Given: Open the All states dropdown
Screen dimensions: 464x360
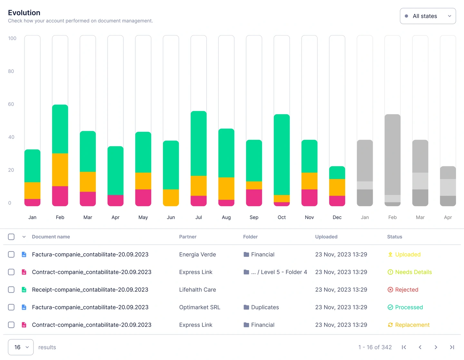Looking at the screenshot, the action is point(428,16).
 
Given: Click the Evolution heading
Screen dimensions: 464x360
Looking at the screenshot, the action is point(24,13).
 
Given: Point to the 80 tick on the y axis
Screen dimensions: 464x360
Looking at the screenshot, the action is point(11,71).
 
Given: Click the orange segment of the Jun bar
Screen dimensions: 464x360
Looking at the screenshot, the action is point(171,198).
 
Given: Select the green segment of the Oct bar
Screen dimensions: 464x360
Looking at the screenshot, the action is point(282,155).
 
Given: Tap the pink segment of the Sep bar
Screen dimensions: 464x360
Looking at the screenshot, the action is point(254,198).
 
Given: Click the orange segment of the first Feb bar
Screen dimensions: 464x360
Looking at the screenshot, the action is point(60,170).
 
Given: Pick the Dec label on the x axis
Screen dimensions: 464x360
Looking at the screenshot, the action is point(337,217).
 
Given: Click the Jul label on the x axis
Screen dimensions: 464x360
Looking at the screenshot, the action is point(198,217).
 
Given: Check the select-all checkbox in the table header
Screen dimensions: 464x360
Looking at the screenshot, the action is point(11,237).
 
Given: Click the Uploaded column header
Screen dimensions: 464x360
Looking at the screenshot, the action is point(326,237).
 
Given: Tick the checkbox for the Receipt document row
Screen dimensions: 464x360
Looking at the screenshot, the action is point(11,290).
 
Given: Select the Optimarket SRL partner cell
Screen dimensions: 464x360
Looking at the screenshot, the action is point(200,307).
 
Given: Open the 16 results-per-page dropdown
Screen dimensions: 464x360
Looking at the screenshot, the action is point(21,347).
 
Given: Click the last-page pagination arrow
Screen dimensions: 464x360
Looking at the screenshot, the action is point(452,347).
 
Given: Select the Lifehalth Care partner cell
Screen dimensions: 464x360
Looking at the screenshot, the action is point(198,290).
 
